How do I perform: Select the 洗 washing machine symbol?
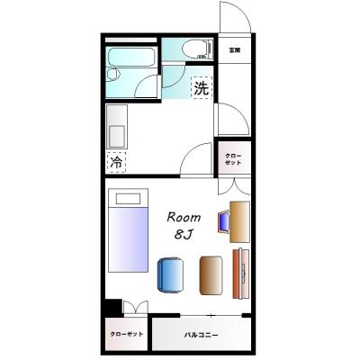pos(202,88)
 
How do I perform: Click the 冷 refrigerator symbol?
pos(116,163)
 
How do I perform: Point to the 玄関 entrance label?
pos(235,50)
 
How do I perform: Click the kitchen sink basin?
pos(117,135)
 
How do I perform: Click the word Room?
pos(184,217)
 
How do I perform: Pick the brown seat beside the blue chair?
pos(211,274)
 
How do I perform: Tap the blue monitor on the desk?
pos(222,221)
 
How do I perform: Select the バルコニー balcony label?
pos(202,335)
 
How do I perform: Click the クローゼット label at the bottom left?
pos(125,335)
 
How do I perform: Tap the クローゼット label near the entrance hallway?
pos(233,158)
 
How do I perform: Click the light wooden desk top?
pos(238,222)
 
